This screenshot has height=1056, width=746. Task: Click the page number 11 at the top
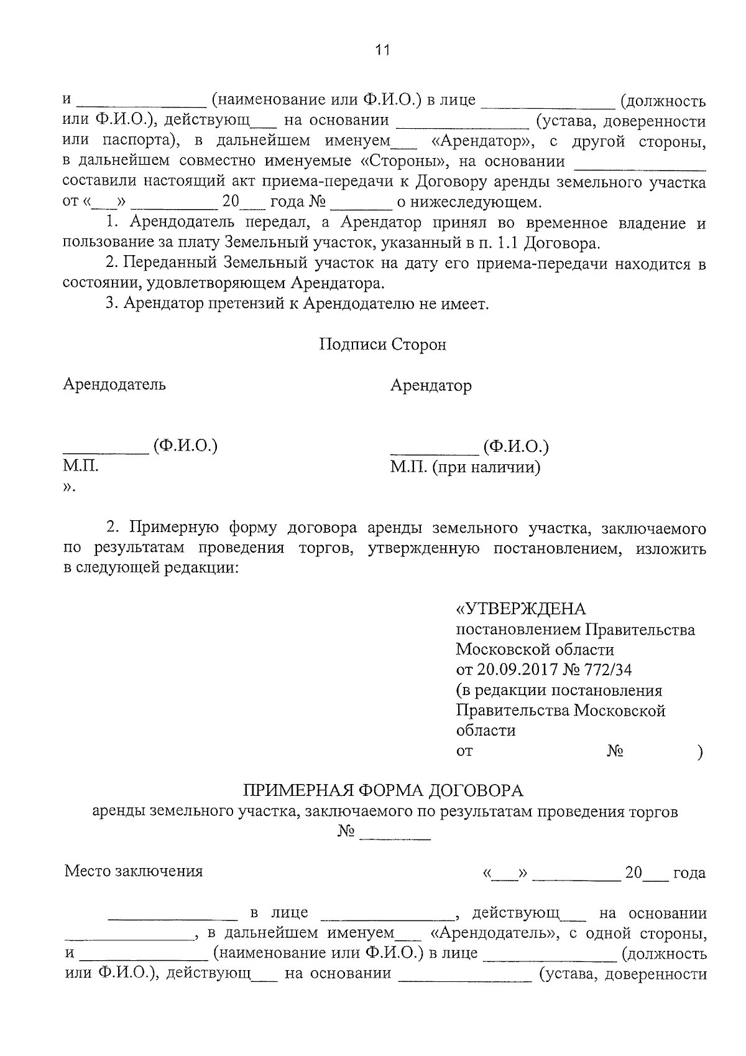pos(382,50)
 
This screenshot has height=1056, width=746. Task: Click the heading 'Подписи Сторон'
pos(382,344)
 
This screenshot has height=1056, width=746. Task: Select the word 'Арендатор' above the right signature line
pos(431,386)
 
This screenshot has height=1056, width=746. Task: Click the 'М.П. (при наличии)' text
pos(465,467)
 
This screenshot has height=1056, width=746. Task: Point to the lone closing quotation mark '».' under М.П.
pos(69,488)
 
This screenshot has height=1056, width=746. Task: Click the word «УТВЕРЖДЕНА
pos(520,609)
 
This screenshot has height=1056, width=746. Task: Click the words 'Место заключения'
pos(134,871)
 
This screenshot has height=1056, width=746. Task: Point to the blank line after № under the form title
pos(395,839)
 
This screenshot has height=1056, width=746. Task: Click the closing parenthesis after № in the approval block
pos(701,752)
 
